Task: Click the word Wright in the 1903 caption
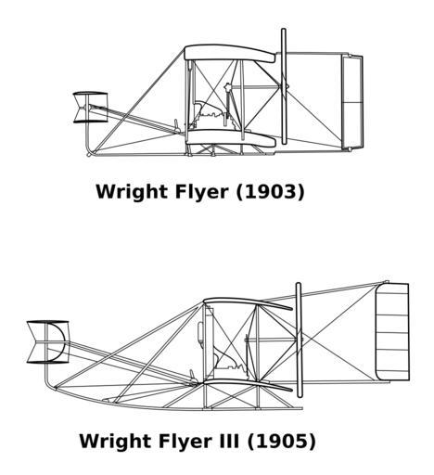coord(132,192)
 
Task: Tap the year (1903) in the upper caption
coord(271,192)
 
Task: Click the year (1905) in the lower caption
coord(282,442)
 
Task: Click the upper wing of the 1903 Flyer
coord(229,53)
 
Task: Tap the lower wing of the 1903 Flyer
coord(231,138)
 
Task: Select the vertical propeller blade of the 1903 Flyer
coord(284,86)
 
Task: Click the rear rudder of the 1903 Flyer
coord(352,101)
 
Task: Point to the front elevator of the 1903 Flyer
coord(90,108)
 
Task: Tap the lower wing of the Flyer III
coord(248,384)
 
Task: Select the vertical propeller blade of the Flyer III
coord(299,340)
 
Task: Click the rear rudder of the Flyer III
coord(392,332)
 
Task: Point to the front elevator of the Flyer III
coord(48,341)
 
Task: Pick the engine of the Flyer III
coord(230,365)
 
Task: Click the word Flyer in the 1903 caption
coord(201,192)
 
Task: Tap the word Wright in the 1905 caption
coord(115,442)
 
